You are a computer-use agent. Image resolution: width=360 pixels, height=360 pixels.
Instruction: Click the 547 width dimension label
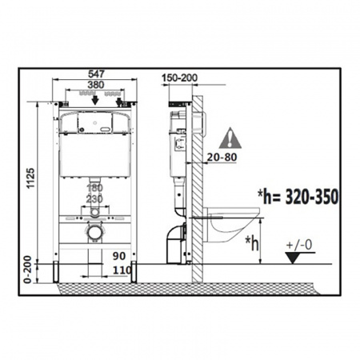pyautogui.click(x=96, y=74)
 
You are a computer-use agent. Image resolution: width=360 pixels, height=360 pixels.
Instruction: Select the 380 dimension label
pyautogui.click(x=96, y=85)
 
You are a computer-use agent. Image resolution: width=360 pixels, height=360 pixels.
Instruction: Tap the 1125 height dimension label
pyautogui.click(x=30, y=178)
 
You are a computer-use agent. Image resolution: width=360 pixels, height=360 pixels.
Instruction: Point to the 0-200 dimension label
pyautogui.click(x=28, y=270)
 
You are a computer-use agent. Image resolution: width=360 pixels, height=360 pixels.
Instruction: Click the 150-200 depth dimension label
pyautogui.click(x=180, y=78)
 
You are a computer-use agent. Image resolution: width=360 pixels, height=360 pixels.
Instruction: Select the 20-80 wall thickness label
pyautogui.click(x=222, y=158)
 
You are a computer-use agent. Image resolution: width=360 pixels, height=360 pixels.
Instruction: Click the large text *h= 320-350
pyautogui.click(x=298, y=197)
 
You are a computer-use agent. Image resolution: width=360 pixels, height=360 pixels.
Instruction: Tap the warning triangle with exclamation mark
pyautogui.click(x=230, y=138)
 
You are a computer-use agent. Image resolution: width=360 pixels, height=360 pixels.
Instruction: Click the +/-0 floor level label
pyautogui.click(x=299, y=245)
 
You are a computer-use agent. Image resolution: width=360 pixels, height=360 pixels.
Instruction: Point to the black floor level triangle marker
pyautogui.click(x=293, y=258)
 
